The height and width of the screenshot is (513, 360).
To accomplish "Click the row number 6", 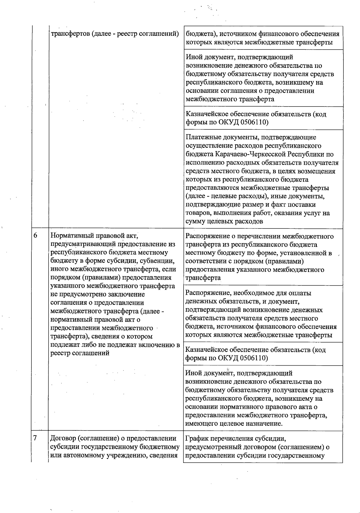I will pos(35,236).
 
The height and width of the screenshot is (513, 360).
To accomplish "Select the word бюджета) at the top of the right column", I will pos(198,34).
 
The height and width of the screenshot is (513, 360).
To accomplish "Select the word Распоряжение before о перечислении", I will pos(206,236).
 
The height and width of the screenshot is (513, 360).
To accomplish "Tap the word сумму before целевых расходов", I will pos(196,222).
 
